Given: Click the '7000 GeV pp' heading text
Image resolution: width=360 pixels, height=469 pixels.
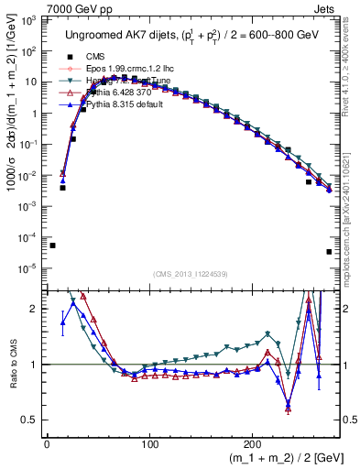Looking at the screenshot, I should click(37, 7).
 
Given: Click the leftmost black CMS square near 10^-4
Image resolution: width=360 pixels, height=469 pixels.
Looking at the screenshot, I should click(52, 245).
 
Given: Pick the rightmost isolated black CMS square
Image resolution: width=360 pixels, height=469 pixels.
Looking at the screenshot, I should click(328, 252).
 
